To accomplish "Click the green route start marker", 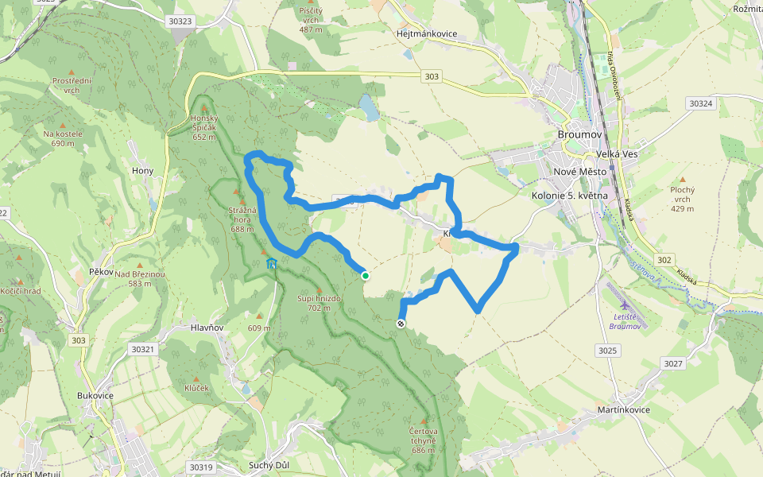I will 365,276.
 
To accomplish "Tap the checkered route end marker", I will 401,323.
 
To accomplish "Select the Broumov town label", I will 579,134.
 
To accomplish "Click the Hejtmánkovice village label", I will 428,34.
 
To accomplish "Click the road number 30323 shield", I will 180,21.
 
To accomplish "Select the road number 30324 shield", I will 701,103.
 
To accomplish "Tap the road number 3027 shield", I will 672,363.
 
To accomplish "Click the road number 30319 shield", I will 202,467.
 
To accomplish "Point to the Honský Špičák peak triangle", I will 204,108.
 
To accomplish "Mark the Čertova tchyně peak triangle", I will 423,421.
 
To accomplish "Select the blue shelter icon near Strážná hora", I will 272,263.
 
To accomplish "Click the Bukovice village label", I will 95,395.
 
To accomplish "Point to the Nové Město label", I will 579,172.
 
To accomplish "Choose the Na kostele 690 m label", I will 63,138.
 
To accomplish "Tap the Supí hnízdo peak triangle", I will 320,290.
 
